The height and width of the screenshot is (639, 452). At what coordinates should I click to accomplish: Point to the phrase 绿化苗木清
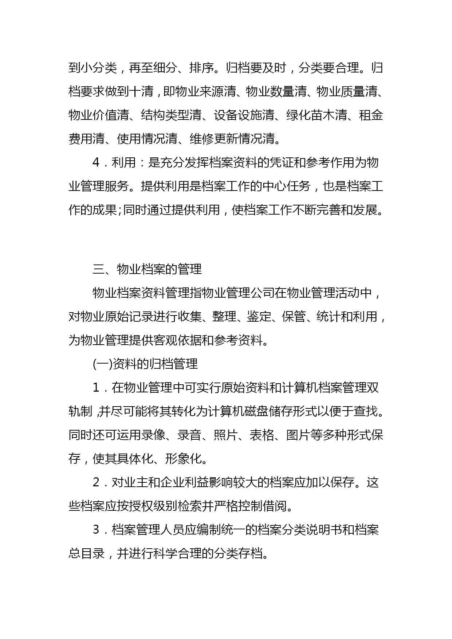coord(317,115)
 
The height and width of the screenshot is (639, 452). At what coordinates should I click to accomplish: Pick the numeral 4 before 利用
coord(96,162)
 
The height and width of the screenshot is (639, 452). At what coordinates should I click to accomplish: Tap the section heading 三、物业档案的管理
coord(147,269)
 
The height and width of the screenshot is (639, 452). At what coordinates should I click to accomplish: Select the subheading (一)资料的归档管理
coord(145,364)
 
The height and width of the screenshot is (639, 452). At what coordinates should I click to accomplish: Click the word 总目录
coord(87,553)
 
